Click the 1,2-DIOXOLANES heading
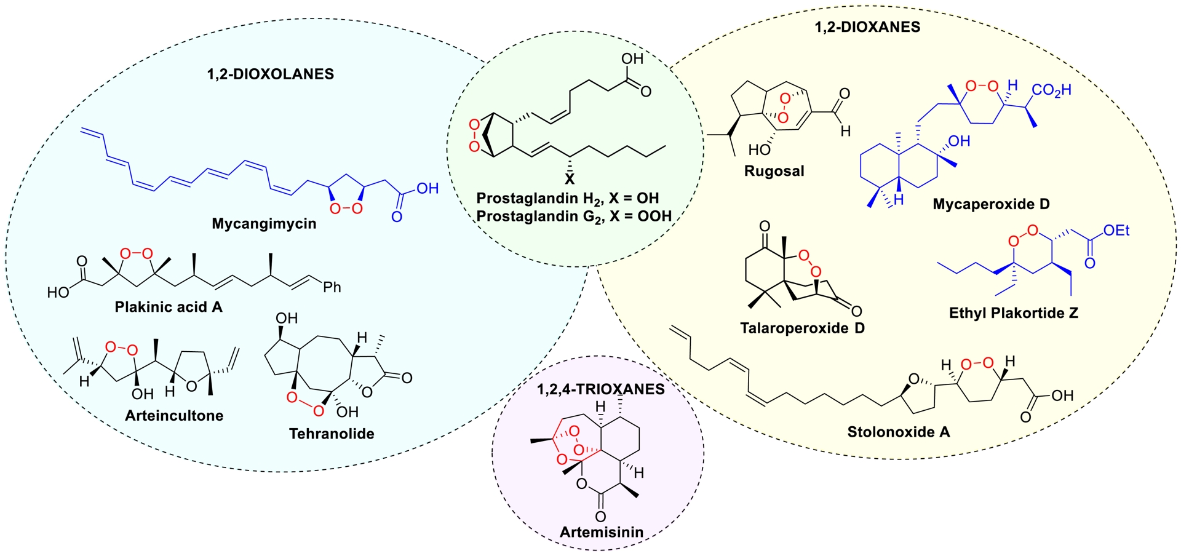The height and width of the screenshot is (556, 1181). coord(271,74)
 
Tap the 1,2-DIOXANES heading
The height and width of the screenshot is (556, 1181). coord(867,27)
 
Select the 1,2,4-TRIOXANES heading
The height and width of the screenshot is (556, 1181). coord(600,389)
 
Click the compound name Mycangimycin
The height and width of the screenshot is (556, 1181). coord(264,224)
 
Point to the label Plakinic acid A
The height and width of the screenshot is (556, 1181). coord(169,307)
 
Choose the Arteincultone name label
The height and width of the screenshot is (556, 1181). coord(174,416)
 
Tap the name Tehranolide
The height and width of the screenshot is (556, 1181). coord(332,434)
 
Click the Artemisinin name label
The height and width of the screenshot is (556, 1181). coord(602,532)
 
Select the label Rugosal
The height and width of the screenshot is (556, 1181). coord(774,171)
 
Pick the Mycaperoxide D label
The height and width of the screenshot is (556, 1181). coord(991,204)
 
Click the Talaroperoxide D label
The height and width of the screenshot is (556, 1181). coord(802,328)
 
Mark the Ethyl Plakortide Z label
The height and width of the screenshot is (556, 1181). coord(1013,313)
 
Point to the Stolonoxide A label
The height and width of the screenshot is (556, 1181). coord(898,432)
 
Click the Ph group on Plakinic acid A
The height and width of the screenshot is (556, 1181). coord(332,287)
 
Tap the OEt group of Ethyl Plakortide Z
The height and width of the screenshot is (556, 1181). coord(1116,231)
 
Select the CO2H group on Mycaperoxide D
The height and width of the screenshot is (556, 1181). coord(1052,90)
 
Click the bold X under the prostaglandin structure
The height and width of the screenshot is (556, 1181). coord(570,180)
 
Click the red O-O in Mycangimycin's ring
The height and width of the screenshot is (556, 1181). coord(346,209)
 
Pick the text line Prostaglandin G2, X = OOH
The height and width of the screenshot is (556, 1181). coord(574,216)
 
